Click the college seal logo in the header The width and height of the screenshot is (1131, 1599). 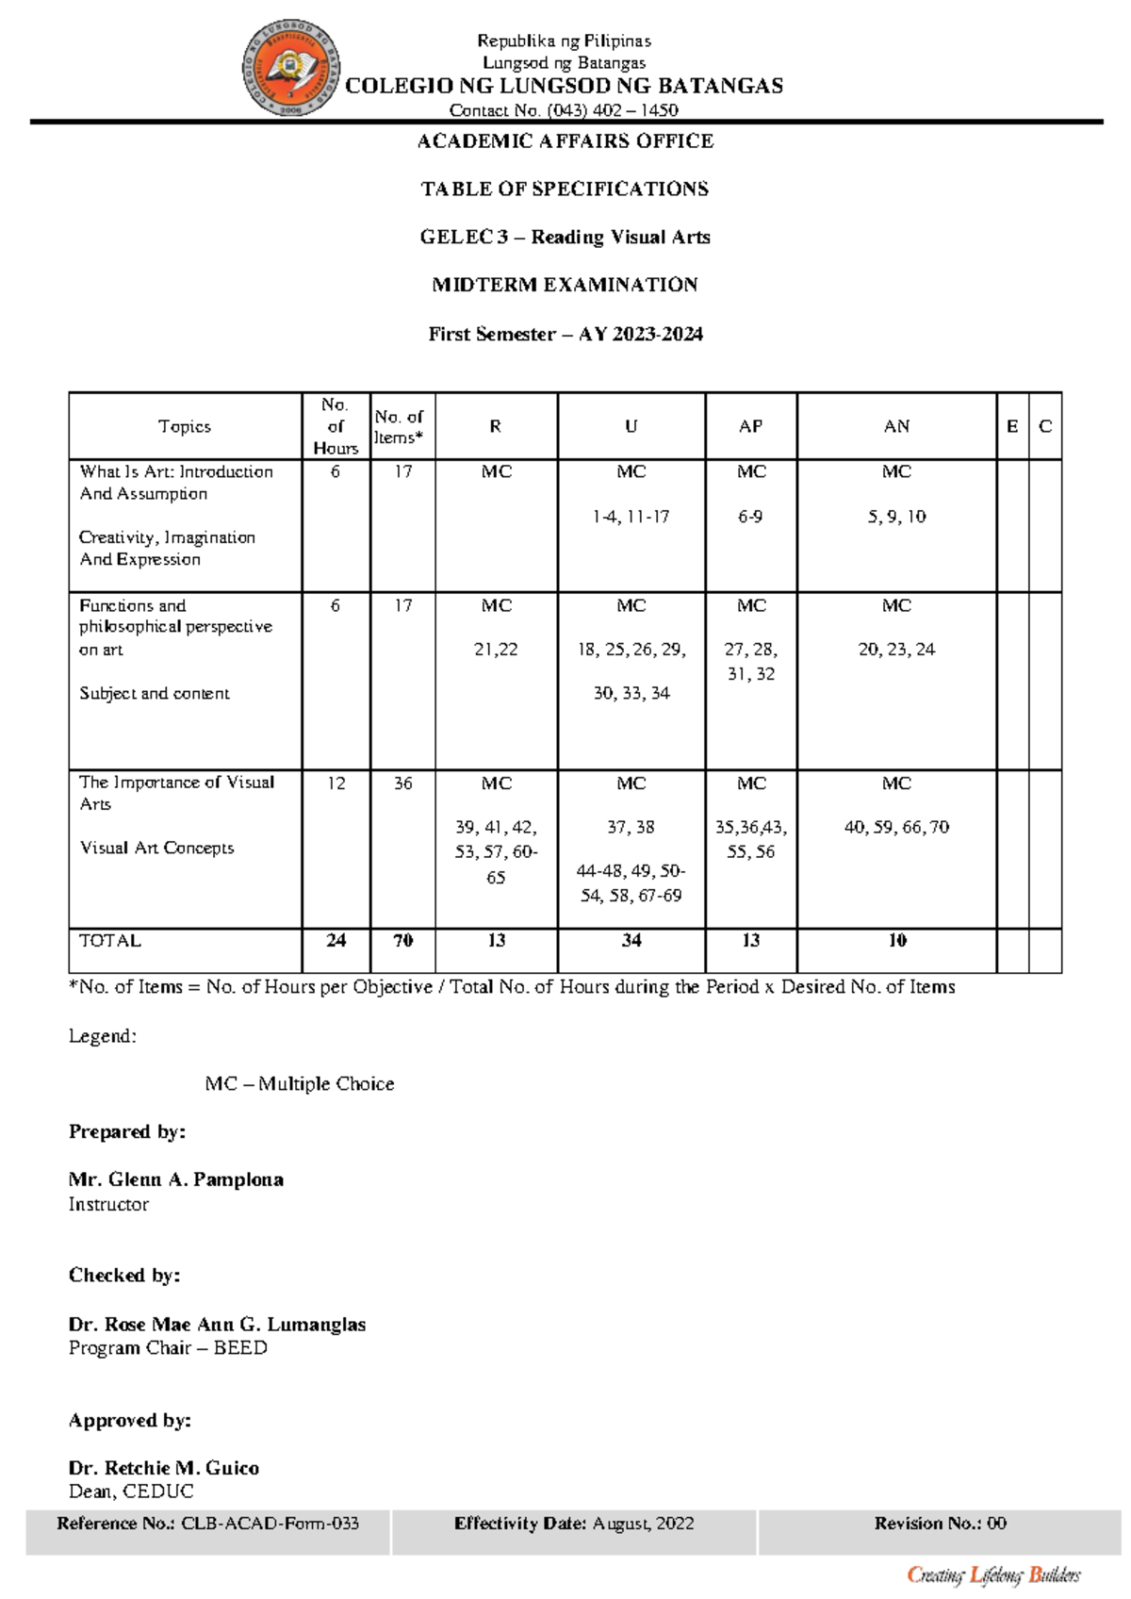291,69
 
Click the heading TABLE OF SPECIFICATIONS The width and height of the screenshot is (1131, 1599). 565,189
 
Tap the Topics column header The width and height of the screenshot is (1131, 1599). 185,426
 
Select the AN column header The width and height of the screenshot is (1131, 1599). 896,426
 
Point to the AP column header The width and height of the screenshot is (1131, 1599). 750,426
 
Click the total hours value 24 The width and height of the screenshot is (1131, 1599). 336,940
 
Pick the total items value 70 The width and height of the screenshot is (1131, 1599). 402,940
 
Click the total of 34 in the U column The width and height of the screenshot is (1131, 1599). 631,940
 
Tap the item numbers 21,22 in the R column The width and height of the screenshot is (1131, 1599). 496,649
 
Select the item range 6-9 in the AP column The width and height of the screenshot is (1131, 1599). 750,517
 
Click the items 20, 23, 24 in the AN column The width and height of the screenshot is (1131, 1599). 896,649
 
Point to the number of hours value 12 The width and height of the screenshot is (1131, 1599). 336,783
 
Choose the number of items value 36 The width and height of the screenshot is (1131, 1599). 402,783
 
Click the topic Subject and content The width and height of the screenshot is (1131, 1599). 155,693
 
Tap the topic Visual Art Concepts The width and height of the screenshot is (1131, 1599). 156,848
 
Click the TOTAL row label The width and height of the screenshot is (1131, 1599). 110,940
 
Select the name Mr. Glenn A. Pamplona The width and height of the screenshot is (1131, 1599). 176,1179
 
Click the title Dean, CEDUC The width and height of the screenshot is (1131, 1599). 131,1491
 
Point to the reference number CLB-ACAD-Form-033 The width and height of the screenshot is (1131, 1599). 270,1523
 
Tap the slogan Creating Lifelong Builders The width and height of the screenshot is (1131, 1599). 993,1574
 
